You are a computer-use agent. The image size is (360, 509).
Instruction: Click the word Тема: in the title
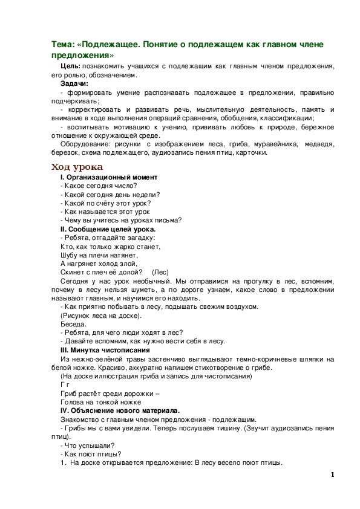pos(64,45)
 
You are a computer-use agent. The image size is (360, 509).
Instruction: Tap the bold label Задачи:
pos(74,83)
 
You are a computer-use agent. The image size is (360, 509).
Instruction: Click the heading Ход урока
pos(77,166)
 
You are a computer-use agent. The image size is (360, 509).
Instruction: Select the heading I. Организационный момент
pos(109,177)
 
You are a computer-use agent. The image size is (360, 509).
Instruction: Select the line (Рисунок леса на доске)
pos(101,316)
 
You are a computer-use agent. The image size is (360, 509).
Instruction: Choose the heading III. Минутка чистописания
pos(105,351)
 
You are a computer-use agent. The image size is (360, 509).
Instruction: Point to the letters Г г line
pos(65,385)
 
